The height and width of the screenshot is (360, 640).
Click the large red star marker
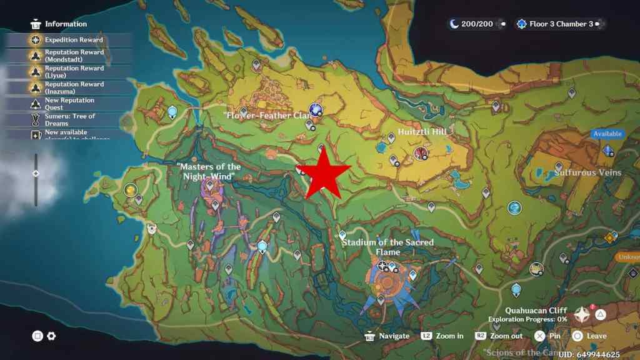322,174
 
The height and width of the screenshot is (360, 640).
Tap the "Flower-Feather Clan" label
267,116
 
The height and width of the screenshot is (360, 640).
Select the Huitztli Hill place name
422,132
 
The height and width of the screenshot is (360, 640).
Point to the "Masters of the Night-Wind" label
209,171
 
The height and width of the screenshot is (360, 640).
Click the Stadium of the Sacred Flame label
387,247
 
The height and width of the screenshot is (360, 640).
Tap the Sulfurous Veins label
587,172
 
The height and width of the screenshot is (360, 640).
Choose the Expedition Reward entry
74,40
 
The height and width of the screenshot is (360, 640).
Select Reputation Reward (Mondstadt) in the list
74,56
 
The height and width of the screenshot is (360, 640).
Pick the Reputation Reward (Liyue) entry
74,71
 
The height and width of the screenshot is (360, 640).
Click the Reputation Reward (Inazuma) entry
74,87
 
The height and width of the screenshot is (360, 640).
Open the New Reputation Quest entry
69,104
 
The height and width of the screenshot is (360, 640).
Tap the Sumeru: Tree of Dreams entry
69,119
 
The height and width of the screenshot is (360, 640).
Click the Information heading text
66,24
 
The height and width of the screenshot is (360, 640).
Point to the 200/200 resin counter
476,24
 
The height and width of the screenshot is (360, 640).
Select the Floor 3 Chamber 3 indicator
561,24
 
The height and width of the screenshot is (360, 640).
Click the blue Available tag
607,134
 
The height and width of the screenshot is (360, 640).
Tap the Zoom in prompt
449,336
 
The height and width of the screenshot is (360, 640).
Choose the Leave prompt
596,336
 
